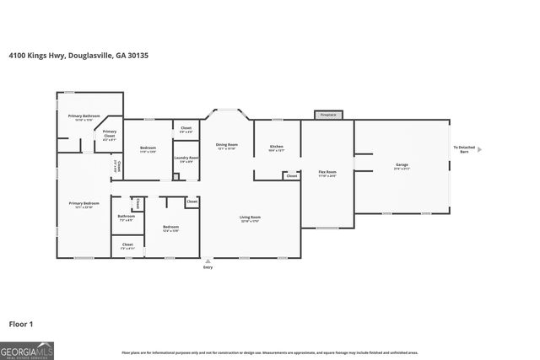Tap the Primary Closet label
coord(110,133)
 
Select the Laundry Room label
coord(186,159)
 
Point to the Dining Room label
coord(226,146)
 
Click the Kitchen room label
coord(277,148)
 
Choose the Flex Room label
coord(327,174)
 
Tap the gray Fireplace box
coord(329,115)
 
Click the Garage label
coord(402,166)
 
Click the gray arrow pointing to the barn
coord(479,149)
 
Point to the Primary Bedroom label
coord(84,205)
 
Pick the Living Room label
coord(251,218)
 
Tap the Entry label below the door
coord(208,267)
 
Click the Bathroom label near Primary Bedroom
coord(126,218)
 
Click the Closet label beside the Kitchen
coord(291,175)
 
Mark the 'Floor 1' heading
coord(21,323)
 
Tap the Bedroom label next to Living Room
coord(170,228)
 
